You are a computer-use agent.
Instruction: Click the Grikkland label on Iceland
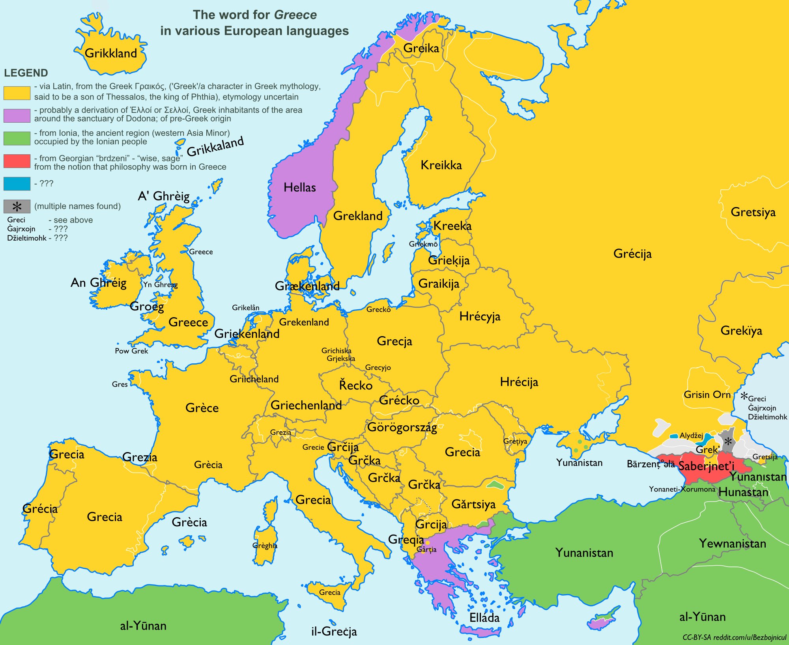pos(111,53)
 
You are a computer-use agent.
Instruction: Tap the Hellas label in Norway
pos(299,187)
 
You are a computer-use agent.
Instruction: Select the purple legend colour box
pos(17,115)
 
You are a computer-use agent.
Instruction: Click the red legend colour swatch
pos(17,161)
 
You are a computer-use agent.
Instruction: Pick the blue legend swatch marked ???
pos(17,183)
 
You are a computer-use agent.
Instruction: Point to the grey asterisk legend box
pos(17,206)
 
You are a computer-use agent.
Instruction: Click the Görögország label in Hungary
pos(402,427)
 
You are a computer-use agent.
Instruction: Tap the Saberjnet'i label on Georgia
pos(706,466)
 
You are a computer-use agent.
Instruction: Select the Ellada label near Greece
pos(484,617)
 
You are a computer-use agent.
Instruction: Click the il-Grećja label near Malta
pos(334,632)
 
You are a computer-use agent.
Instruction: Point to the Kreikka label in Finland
pos(441,165)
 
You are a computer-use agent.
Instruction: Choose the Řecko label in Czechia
pos(356,385)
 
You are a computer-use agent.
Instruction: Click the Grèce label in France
pos(202,408)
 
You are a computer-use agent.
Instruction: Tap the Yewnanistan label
pos(733,544)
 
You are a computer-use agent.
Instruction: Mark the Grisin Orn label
pos(707,394)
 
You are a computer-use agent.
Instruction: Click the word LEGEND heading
pos(26,73)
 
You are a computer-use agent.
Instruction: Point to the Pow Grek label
pos(131,351)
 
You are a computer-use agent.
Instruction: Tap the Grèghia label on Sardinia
pos(265,546)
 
